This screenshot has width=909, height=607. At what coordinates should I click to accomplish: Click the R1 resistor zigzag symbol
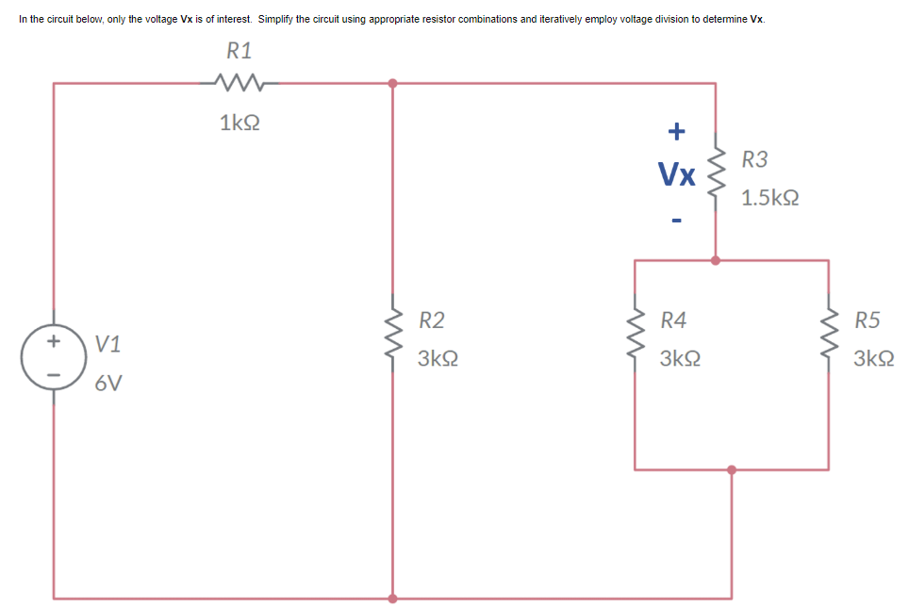240,83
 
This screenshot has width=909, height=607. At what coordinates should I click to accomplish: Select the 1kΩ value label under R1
240,123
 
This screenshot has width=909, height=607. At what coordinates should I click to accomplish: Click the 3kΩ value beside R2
438,360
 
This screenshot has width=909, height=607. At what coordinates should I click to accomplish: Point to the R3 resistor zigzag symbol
716,171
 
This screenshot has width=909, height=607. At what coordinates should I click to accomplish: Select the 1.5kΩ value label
770,199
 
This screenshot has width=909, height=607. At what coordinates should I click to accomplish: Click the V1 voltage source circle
54,350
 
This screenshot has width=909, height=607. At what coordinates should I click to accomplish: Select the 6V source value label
108,384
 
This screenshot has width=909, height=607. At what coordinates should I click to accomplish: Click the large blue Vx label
677,173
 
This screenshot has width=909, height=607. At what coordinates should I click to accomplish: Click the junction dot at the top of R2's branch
392,83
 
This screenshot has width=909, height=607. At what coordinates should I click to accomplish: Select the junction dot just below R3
716,260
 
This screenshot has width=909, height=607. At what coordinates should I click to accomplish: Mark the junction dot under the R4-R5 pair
732,468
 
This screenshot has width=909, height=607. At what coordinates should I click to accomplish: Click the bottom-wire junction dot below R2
392,598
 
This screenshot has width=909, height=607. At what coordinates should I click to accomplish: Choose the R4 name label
673,320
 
